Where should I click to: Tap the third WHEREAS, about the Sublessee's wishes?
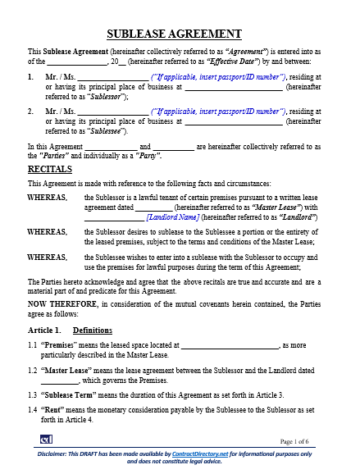coord(48,257)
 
